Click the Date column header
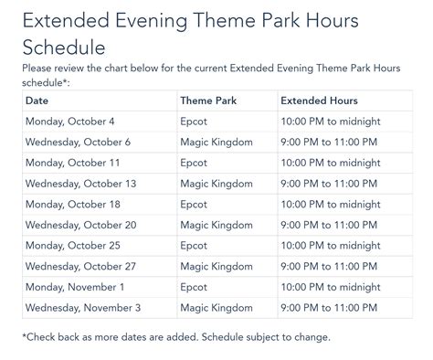37,101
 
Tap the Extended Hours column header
319,101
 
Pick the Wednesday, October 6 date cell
78,142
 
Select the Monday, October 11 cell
72,163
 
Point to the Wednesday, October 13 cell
80,184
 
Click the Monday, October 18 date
72,204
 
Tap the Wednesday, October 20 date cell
80,225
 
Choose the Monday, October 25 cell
72,245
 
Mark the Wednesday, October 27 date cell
80,266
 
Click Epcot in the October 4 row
195,122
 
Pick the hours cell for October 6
328,142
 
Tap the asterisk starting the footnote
25,336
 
